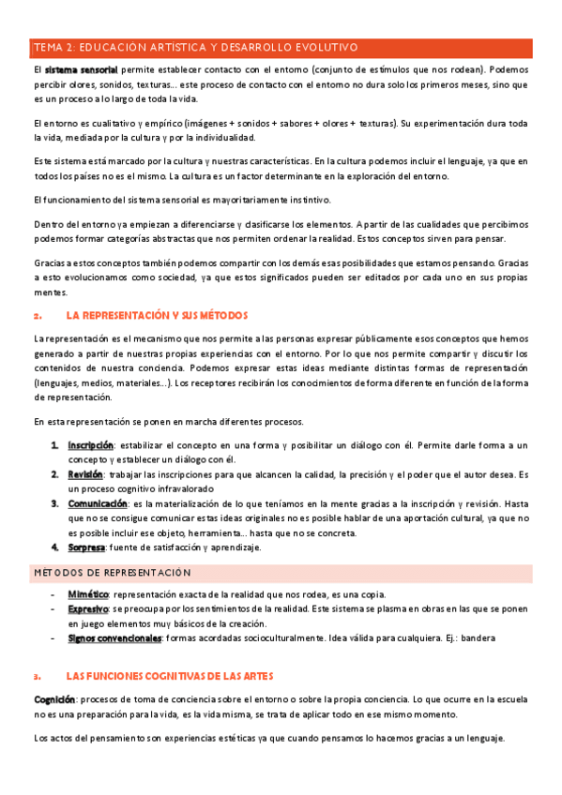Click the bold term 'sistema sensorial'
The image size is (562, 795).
[81, 70]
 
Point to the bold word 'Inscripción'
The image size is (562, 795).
[90, 444]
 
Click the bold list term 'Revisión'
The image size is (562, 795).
[84, 475]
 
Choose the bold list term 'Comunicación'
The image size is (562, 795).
[97, 504]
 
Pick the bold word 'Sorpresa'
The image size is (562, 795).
[86, 547]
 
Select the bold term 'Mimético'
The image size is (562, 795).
[88, 595]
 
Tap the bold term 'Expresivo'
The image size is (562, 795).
[89, 609]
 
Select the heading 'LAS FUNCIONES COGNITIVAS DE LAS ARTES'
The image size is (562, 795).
[171, 675]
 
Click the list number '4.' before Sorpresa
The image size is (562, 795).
[55, 547]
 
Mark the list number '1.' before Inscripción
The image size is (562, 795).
[55, 444]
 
